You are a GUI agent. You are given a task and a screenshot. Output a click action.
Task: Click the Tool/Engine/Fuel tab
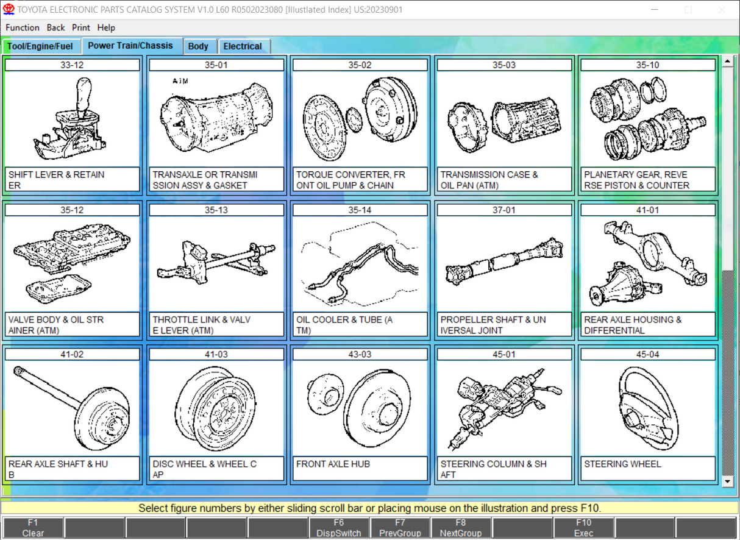40,46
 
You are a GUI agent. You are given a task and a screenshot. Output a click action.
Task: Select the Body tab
198,46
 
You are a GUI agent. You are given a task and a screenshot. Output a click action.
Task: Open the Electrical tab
243,46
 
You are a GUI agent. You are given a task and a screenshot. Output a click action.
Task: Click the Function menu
23,27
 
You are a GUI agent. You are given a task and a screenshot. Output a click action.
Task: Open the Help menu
106,27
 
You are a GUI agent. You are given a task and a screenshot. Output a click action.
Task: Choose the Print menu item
81,27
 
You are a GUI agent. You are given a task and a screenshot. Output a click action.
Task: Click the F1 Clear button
33,528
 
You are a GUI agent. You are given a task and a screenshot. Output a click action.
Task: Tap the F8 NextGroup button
461,528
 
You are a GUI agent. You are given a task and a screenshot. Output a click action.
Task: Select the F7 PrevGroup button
400,528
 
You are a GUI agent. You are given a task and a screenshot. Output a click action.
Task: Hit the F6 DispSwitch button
338,528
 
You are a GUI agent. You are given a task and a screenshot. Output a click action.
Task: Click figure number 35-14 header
360,210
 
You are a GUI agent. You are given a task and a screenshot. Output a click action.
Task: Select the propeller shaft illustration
504,265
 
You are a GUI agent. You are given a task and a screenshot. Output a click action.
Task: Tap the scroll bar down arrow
727,481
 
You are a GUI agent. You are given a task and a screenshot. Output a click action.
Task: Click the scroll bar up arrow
727,62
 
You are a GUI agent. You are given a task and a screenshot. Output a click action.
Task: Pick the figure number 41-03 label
216,354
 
